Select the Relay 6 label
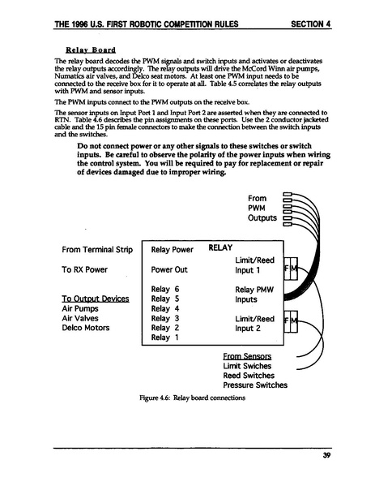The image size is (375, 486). point(164,289)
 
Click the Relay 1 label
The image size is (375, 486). point(164,338)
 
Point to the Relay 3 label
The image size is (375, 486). point(164,318)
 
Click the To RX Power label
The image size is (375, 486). point(84,269)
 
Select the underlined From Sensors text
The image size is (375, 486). point(246,356)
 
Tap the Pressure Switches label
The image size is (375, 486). point(255,385)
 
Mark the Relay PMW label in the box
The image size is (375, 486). point(254,289)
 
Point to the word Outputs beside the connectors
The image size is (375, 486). point(262,218)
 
